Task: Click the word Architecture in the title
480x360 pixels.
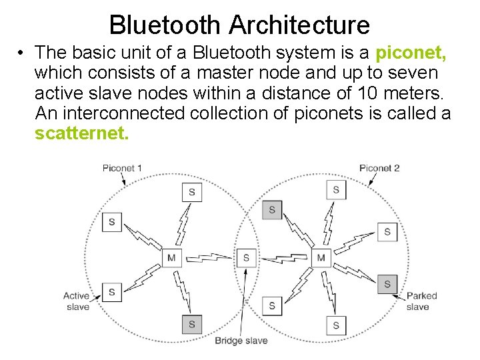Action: click(299, 25)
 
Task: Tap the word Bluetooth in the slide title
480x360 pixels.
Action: click(166, 25)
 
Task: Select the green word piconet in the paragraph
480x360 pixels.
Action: click(411, 52)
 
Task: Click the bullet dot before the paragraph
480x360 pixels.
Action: click(22, 52)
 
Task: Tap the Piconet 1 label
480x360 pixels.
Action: click(122, 168)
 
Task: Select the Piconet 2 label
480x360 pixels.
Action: click(379, 168)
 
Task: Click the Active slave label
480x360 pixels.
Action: click(77, 301)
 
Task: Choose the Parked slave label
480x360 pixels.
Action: click(421, 301)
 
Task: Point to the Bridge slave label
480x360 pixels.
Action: click(241, 341)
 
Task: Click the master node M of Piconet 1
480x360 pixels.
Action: click(171, 258)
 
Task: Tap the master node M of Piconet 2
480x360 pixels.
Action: click(321, 258)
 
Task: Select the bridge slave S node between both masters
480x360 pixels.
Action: click(246, 257)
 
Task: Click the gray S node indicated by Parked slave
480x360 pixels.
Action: click(387, 284)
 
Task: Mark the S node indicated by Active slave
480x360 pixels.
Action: click(111, 292)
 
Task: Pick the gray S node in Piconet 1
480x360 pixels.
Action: click(191, 325)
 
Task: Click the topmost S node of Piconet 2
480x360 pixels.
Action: click(336, 189)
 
